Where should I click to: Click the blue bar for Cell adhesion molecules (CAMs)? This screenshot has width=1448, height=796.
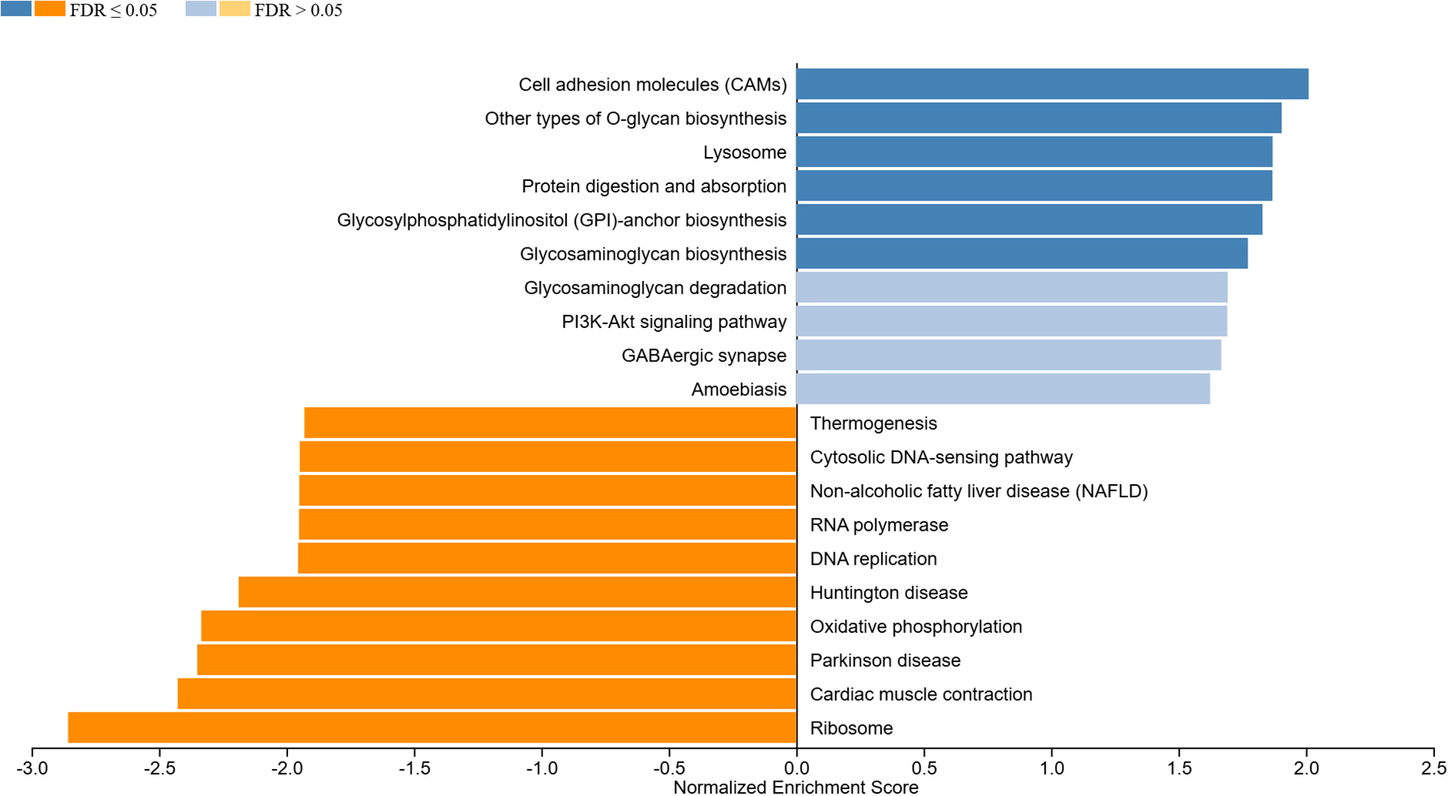point(1052,84)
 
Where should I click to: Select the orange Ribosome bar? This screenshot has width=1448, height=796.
point(432,728)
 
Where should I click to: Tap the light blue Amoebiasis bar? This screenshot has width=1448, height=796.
point(1003,389)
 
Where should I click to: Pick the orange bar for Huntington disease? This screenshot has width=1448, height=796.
point(517,592)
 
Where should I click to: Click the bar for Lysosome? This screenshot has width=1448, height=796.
point(1034,152)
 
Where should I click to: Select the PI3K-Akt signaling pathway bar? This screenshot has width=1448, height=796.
point(1011,321)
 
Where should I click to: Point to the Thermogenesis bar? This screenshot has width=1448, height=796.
point(550,423)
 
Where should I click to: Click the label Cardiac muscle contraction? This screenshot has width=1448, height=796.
point(921,694)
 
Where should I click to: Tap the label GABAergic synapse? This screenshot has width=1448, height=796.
point(703,355)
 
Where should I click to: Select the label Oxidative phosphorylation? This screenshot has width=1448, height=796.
point(916,627)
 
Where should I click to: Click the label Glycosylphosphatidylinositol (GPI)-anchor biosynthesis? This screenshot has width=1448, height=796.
point(562,220)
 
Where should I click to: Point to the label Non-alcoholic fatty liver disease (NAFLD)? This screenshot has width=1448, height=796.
point(978,491)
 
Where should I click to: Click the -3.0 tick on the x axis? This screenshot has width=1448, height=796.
point(32,768)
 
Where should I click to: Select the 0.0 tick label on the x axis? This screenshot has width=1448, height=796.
point(797,768)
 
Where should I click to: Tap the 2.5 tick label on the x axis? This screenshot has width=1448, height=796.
point(1433,768)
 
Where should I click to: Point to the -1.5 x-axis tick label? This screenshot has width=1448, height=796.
point(414,768)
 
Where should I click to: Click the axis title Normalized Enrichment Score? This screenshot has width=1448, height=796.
point(795,788)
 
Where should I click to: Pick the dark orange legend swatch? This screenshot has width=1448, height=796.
point(50,9)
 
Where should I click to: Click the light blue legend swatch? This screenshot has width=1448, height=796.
point(201,9)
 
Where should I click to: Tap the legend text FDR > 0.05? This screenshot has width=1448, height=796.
point(298,11)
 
